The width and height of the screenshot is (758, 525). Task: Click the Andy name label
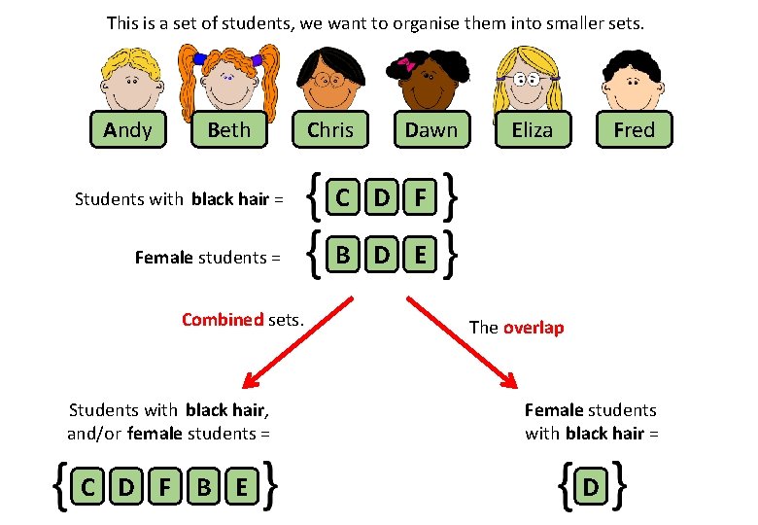point(127,129)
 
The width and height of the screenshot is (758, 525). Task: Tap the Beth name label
point(228,129)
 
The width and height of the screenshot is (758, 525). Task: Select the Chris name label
point(330,129)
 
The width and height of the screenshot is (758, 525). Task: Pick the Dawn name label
point(431,129)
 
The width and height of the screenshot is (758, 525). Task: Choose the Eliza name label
point(532,129)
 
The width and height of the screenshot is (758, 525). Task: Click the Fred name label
point(634,129)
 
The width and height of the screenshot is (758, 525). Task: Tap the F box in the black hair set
point(420,199)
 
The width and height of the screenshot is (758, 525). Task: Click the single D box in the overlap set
point(590,487)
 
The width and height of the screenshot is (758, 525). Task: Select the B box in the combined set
point(204,487)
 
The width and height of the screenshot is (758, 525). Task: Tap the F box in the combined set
point(165,487)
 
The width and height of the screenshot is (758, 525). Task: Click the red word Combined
point(223,319)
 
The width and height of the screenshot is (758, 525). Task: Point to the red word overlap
point(533,328)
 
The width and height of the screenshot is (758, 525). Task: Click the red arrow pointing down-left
point(292,345)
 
